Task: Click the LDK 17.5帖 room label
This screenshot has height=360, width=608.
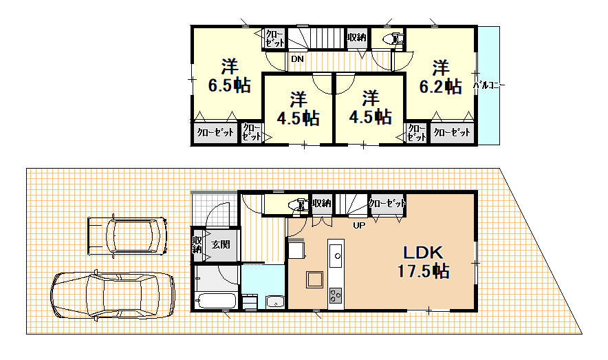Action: click(423, 262)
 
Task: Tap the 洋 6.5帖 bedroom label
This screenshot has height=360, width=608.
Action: click(229, 76)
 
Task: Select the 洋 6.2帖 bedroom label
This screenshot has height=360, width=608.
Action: click(440, 77)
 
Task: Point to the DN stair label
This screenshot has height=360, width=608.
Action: click(297, 59)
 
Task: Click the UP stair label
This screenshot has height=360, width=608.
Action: click(359, 225)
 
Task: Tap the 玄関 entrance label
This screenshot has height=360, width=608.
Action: click(221, 244)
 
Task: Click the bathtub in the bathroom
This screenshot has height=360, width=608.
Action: click(217, 301)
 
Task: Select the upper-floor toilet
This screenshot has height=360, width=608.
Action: click(393, 39)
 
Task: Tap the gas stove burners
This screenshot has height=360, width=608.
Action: click(336, 296)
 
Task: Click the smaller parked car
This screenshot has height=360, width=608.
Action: click(127, 236)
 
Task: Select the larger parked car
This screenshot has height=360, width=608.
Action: click(112, 295)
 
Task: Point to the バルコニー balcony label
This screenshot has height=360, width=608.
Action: click(489, 85)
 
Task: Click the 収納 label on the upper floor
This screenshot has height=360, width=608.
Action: click(356, 38)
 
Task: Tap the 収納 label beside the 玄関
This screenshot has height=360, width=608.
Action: click(197, 245)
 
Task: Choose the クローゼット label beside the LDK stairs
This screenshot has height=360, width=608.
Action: click(387, 203)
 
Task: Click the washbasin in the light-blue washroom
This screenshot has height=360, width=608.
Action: click(275, 301)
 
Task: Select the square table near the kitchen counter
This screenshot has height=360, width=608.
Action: click(314, 279)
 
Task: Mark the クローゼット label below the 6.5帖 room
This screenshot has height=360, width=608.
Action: click(215, 132)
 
